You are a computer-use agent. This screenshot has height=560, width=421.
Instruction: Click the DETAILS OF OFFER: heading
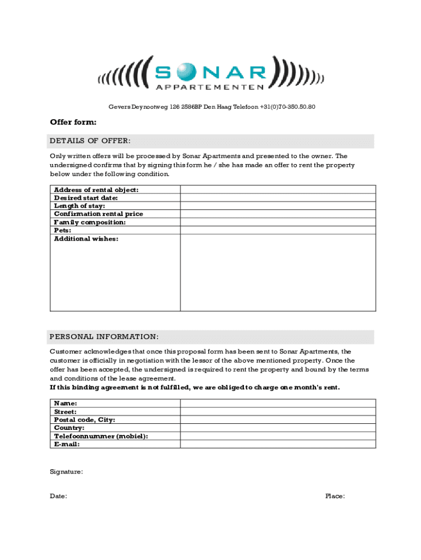click(x=90, y=141)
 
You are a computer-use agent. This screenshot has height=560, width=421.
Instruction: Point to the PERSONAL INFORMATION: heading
click(x=104, y=336)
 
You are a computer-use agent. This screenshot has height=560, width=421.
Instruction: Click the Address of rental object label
click(x=96, y=190)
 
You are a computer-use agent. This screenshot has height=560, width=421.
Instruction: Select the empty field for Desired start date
click(x=278, y=198)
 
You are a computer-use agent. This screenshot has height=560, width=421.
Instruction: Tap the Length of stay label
click(x=80, y=206)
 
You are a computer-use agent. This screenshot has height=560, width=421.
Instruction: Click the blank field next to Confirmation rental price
click(x=278, y=214)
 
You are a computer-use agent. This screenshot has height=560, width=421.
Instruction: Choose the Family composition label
click(x=90, y=223)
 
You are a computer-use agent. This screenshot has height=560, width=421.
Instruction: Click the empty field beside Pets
click(x=278, y=231)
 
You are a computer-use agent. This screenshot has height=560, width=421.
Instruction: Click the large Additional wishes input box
click(x=278, y=272)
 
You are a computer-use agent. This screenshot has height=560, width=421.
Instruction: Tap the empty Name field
click(x=278, y=403)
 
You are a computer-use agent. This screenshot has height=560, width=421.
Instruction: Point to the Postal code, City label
click(x=85, y=419)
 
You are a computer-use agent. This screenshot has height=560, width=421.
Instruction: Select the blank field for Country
click(x=278, y=428)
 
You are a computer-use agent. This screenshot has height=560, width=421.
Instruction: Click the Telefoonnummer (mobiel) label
click(x=101, y=436)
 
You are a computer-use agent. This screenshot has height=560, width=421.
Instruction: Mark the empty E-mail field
click(x=278, y=444)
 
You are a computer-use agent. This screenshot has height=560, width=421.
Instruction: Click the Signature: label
click(x=67, y=471)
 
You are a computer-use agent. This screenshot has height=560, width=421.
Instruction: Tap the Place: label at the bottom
click(x=335, y=496)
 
